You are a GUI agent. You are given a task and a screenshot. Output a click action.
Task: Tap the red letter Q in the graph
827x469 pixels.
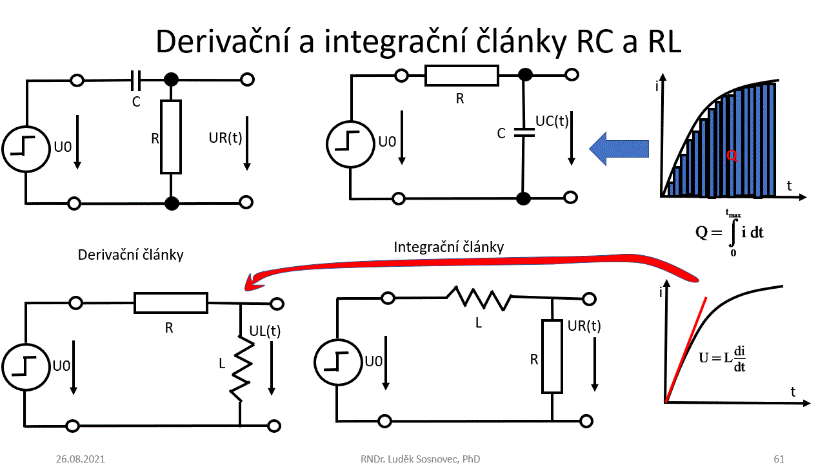[x=731, y=155]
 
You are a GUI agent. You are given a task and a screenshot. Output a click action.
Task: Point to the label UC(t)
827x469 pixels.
[x=552, y=121]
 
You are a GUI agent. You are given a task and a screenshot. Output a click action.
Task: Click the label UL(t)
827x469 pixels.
[x=264, y=331]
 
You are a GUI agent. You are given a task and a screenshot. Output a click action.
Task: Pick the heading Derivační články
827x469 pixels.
[x=130, y=255]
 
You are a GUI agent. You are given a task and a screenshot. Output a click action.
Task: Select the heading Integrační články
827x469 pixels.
[x=448, y=247]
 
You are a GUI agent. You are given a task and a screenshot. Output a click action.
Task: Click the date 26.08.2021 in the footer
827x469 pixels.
[x=80, y=459]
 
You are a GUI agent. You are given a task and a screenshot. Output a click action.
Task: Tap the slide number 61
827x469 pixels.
[x=779, y=459]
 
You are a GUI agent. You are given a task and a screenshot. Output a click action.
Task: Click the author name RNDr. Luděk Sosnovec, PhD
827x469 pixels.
[x=420, y=459]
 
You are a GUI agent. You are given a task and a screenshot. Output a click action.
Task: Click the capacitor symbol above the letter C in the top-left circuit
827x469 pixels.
[x=136, y=81]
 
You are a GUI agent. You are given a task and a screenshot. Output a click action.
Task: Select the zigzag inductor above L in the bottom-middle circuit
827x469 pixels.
[x=479, y=298]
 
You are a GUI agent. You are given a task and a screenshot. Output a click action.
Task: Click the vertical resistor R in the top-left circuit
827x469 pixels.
[x=171, y=136]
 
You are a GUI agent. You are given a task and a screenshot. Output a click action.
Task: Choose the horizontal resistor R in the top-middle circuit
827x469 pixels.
[x=461, y=76]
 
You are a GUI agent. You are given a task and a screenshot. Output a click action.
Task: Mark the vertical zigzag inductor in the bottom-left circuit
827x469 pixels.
[x=241, y=372]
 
